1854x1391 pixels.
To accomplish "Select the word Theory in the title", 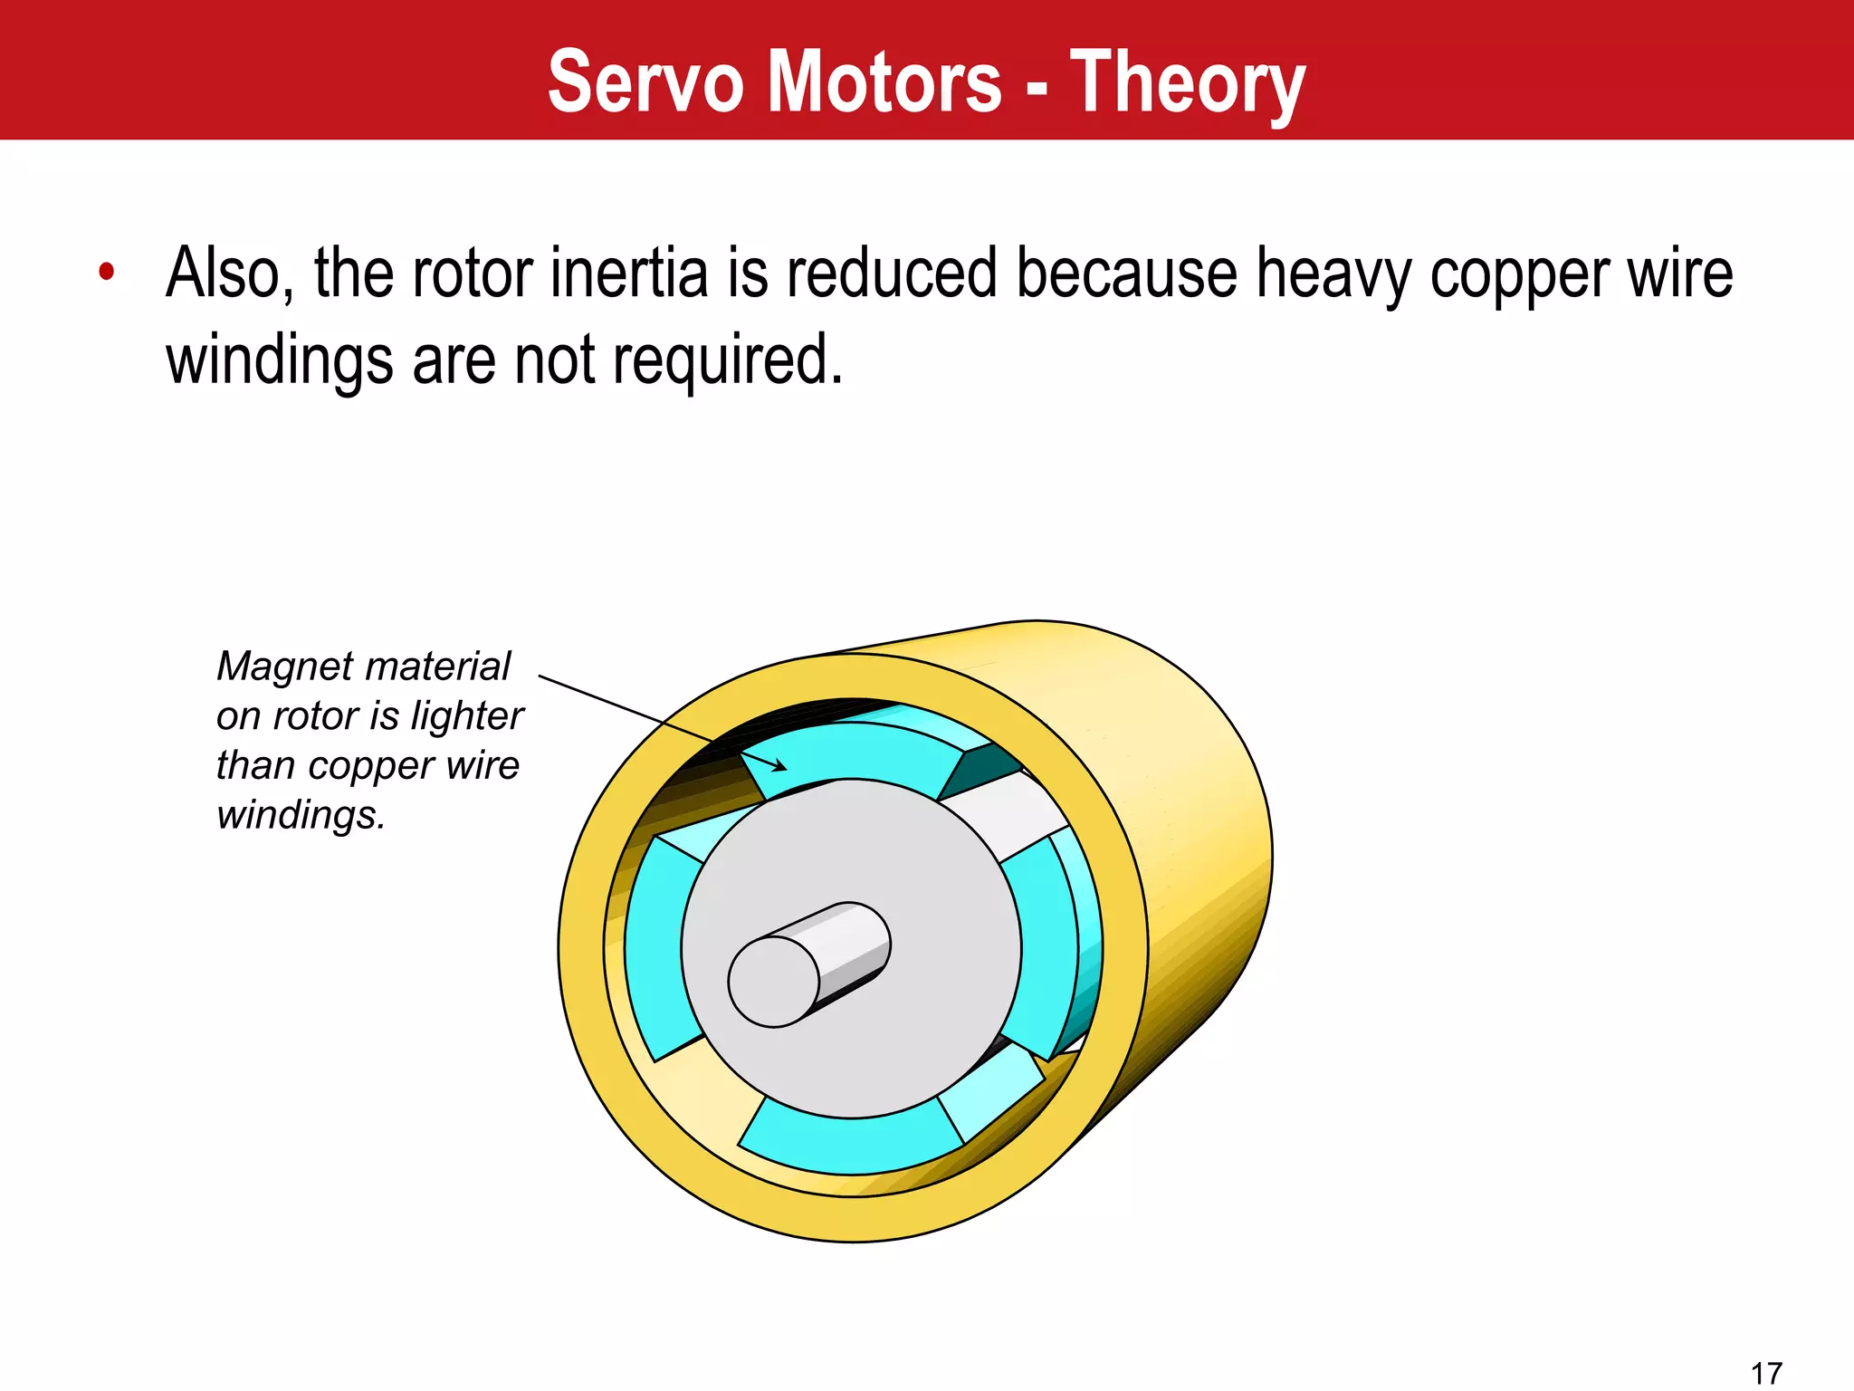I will (1188, 83).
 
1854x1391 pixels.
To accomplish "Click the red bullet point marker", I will (107, 271).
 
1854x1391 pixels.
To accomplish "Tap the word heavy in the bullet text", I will (1333, 274).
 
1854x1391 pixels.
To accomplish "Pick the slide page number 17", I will (1766, 1373).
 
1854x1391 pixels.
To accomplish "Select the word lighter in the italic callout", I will (467, 716).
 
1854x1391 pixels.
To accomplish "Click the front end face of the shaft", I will (773, 982).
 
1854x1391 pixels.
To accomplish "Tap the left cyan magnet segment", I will (655, 946).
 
